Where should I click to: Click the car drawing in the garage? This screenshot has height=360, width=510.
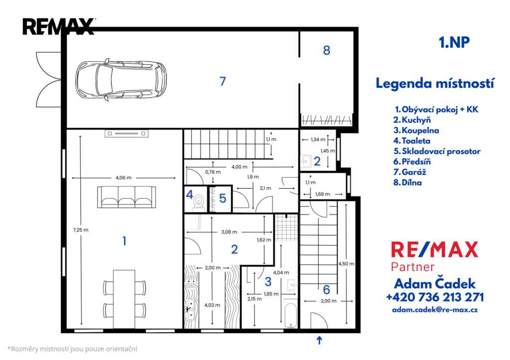121,80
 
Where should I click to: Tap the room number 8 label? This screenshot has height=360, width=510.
327,50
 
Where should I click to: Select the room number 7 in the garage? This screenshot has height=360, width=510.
223,81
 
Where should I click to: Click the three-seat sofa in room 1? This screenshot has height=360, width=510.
127,197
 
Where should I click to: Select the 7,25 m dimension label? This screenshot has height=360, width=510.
81,230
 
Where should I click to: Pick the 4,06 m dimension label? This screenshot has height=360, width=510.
124,178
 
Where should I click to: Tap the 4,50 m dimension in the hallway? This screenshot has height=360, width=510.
346,264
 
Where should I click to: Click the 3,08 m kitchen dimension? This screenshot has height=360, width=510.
229,232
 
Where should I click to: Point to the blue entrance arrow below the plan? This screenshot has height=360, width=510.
319,340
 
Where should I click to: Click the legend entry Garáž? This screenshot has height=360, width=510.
410,172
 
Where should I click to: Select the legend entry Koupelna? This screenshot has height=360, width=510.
416,130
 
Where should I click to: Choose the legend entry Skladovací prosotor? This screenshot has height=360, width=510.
437,151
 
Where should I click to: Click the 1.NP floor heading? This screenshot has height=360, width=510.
454,42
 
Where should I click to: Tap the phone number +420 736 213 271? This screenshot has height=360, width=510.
435,297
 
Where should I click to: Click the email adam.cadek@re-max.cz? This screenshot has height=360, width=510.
435,310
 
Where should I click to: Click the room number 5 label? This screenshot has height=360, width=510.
223,198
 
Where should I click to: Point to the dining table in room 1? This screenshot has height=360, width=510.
124,299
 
